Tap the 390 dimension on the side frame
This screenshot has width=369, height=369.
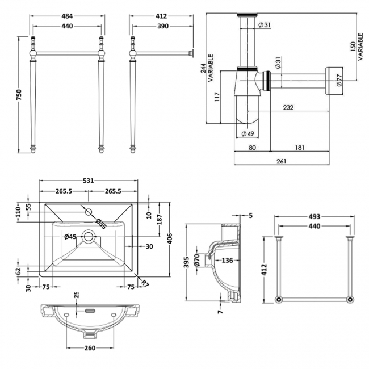162,27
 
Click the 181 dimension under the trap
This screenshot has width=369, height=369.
300,148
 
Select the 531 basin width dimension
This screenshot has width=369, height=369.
88,181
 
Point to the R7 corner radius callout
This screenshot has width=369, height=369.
145,283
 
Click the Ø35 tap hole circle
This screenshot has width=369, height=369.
88,212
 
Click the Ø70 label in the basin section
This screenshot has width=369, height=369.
197,259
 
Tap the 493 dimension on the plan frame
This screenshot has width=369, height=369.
315,216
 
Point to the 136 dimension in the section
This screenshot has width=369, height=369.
227,261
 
